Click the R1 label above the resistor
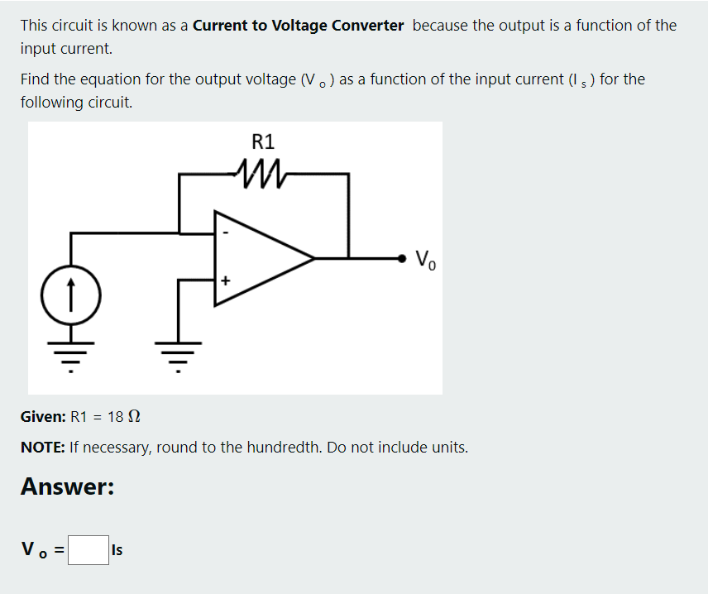(263, 141)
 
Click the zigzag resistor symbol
(262, 174)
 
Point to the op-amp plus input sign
(223, 281)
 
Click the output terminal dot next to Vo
(403, 258)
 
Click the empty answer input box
(88, 550)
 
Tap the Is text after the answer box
(117, 550)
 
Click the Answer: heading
(67, 486)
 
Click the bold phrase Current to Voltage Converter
(298, 25)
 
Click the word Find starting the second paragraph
(36, 79)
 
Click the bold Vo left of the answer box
(39, 549)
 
